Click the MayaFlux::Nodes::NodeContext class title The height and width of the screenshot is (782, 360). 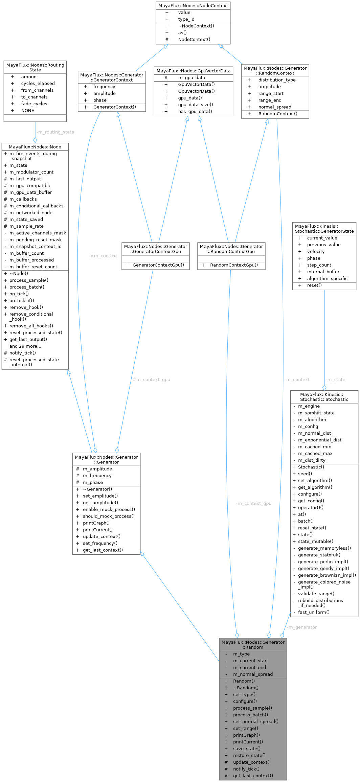pyautogui.click(x=193, y=5)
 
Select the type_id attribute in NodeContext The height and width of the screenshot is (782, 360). pyautogui.click(x=186, y=19)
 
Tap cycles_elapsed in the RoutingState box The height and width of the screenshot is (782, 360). pyautogui.click(x=38, y=84)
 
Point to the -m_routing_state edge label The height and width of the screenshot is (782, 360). pyautogui.click(x=55, y=132)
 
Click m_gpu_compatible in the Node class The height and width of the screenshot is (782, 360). pyautogui.click(x=30, y=186)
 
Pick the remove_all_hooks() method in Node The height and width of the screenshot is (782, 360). pyautogui.click(x=31, y=326)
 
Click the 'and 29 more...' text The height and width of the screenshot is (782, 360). pyautogui.click(x=25, y=346)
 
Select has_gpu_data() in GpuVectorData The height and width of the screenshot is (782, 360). pyautogui.click(x=195, y=112)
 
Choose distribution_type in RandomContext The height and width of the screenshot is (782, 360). pyautogui.click(x=277, y=80)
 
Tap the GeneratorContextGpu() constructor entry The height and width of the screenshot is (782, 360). pyautogui.click(x=158, y=265)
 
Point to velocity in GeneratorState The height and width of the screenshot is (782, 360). pyautogui.click(x=316, y=252)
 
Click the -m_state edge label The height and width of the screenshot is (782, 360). pyautogui.click(x=335, y=380)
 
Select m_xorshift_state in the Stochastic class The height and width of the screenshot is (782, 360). pyautogui.click(x=316, y=413)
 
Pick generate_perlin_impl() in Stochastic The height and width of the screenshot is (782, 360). pyautogui.click(x=323, y=562)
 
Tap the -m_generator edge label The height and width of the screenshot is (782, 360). pyautogui.click(x=302, y=627)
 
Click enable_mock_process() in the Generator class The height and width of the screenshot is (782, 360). pyautogui.click(x=109, y=510)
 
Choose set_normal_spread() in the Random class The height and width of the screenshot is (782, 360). pyautogui.click(x=256, y=721)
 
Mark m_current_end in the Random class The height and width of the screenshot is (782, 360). pyautogui.click(x=249, y=668)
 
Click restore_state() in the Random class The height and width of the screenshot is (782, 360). pyautogui.click(x=249, y=755)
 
